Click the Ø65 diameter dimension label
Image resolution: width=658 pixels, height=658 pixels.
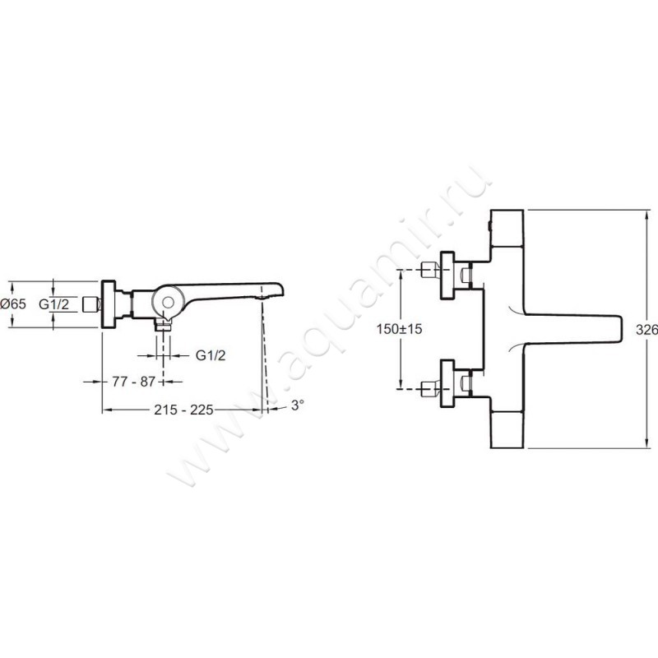click(x=13, y=304)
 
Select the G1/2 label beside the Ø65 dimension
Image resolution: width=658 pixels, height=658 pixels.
click(x=53, y=304)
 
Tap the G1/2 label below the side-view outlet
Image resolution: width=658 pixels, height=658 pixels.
click(x=211, y=355)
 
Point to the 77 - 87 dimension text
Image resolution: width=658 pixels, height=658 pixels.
click(x=133, y=382)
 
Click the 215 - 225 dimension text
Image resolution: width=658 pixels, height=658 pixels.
click(x=183, y=410)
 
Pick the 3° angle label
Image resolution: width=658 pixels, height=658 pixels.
click(x=298, y=405)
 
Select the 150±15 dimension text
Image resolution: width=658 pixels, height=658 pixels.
click(x=399, y=329)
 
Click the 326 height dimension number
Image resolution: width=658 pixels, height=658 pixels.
click(x=646, y=330)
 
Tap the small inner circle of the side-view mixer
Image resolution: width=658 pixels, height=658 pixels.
click(x=169, y=303)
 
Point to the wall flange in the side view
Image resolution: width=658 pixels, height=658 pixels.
click(x=109, y=304)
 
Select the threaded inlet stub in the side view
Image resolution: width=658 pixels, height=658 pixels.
click(x=90, y=304)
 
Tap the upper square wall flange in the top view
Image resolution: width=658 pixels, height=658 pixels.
click(x=447, y=276)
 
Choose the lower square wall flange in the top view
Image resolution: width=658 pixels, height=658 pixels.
click(x=447, y=382)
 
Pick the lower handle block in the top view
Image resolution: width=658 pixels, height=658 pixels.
click(x=507, y=429)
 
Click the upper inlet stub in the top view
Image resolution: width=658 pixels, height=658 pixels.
click(x=429, y=269)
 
